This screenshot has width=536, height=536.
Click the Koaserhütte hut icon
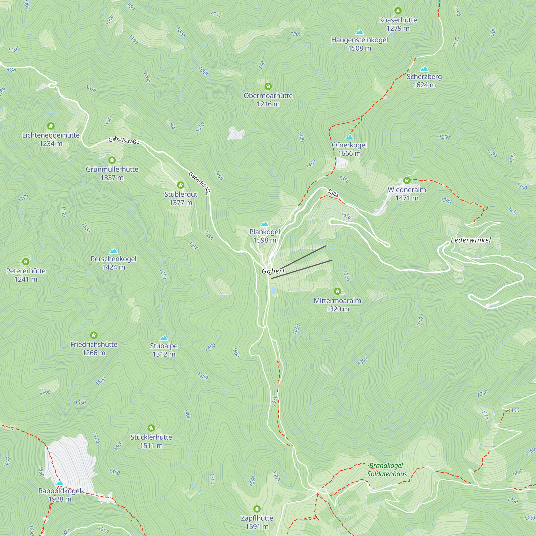pyautogui.click(x=398, y=11)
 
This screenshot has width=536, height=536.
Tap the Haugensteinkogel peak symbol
pyautogui.click(x=360, y=32)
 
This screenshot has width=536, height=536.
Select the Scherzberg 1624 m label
pyautogui.click(x=424, y=81)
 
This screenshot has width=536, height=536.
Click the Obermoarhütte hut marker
pyautogui.click(x=268, y=86)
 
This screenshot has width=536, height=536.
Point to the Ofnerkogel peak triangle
pyautogui.click(x=349, y=137)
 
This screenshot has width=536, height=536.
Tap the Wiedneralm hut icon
pyautogui.click(x=407, y=181)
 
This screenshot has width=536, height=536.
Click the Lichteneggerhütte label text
pyautogui.click(x=51, y=135)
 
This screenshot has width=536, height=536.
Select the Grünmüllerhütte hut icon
pyautogui.click(x=112, y=160)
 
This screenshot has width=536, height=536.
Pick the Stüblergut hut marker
pyautogui.click(x=181, y=185)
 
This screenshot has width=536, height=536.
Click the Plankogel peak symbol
pyautogui.click(x=265, y=224)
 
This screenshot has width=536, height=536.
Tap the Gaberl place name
pyautogui.click(x=273, y=271)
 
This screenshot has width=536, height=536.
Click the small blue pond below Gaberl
pyautogui.click(x=274, y=290)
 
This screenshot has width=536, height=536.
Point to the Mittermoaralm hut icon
pyautogui.click(x=337, y=291)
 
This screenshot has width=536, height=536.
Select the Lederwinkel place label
pyautogui.click(x=471, y=240)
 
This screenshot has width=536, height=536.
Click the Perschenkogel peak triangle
pyautogui.click(x=113, y=251)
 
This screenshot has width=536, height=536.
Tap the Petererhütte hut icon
pyautogui.click(x=26, y=262)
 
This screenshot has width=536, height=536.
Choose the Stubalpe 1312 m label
pyautogui.click(x=164, y=350)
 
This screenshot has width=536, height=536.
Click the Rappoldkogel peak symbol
pyautogui.click(x=60, y=483)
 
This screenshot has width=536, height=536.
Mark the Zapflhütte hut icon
pyautogui.click(x=257, y=509)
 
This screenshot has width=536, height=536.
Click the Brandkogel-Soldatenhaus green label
pyautogui.click(x=387, y=470)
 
